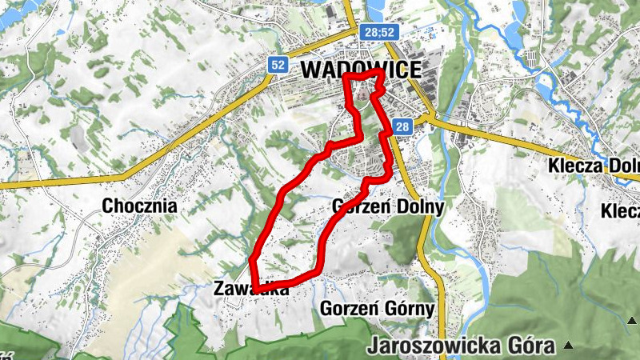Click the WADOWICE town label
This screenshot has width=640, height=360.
pos(361,70)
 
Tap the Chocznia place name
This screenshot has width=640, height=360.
pos(139,206)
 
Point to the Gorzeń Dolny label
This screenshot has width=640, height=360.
pos(386,206)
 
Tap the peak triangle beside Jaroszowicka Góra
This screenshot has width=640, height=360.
pos(568,346)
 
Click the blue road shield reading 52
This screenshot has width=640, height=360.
pos(278,65)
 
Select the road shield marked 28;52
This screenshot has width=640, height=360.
pos(378,32)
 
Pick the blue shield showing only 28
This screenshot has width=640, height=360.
pos(402,126)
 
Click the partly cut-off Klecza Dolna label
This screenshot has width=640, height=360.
pos(594,166)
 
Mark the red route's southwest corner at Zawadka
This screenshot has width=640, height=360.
pos(255,288)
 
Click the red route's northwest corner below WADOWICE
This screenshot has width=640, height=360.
pos(346,77)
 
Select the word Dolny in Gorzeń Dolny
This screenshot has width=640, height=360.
pos(418,206)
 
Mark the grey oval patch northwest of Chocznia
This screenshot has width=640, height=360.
pos(79,138)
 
